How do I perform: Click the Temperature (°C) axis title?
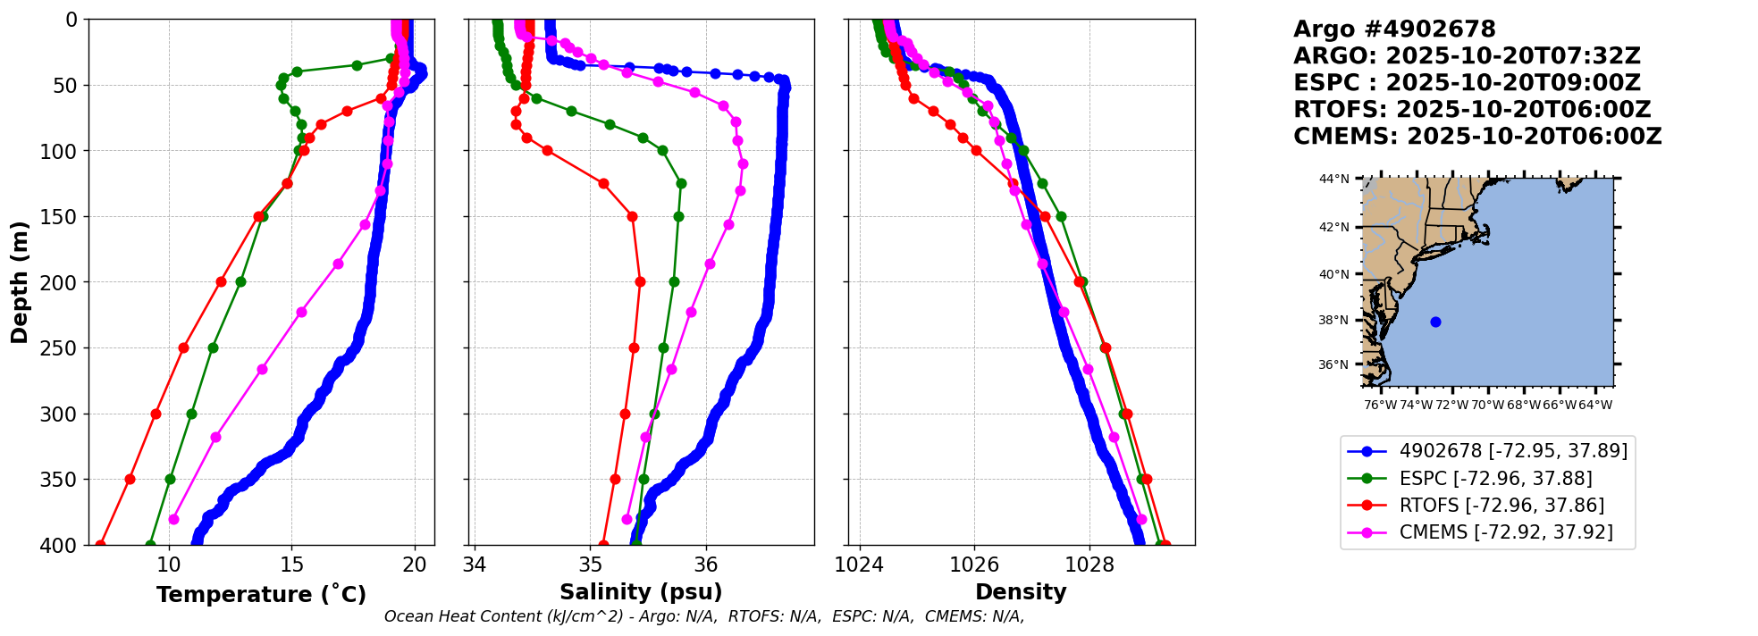261,595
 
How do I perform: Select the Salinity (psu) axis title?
641,592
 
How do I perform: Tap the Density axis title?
1021,592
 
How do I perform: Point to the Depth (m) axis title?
20,282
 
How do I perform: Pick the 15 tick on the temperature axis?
291,565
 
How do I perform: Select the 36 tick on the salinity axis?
706,565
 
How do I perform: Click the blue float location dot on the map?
1435,322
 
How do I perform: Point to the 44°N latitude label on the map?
1334,179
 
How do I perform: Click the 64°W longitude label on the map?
1595,406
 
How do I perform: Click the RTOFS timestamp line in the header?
1472,110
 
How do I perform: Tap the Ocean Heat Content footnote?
704,616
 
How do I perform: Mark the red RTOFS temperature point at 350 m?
130,479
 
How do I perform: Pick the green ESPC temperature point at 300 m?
191,414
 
